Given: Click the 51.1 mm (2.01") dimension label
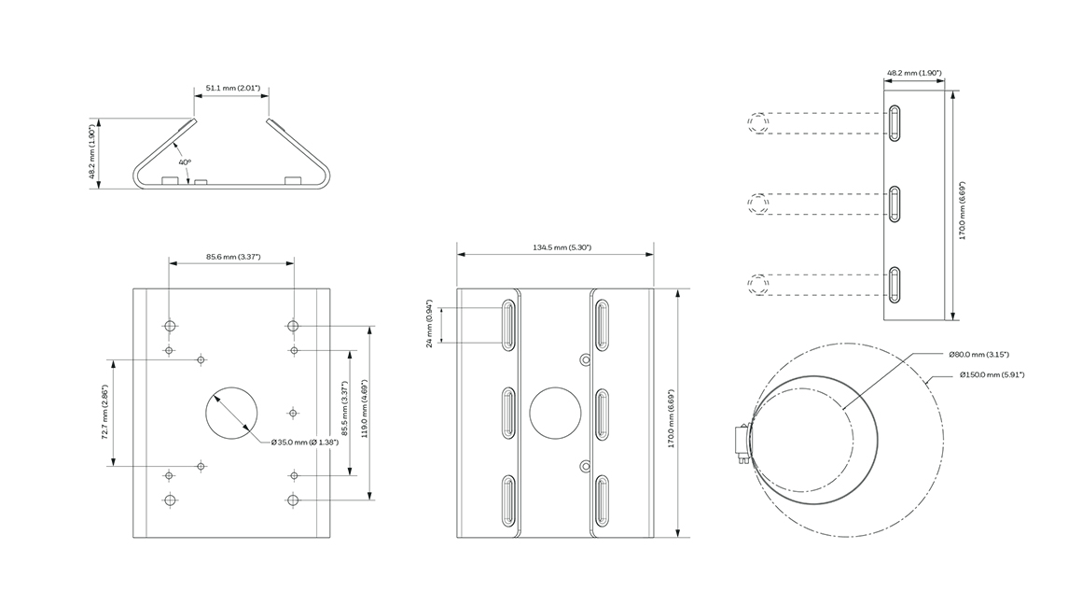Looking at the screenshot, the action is [232, 88].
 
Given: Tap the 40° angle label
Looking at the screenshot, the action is [185, 162].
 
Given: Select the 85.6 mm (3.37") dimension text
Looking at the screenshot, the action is [233, 257].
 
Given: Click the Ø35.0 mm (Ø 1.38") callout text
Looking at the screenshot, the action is [305, 442].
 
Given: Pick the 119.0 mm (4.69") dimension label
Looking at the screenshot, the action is [365, 408].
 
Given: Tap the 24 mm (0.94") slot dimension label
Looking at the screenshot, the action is [429, 323].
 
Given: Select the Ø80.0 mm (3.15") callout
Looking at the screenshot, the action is [979, 354].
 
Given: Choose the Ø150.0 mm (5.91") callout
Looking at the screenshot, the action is [992, 375].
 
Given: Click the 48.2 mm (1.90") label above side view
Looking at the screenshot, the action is [914, 73].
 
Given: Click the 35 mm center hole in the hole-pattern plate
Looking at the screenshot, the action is [232, 413].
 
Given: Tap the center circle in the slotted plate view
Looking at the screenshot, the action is [556, 413].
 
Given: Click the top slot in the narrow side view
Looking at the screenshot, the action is [895, 123].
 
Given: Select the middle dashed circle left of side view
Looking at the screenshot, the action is [758, 204].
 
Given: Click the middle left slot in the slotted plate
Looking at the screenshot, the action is [508, 413].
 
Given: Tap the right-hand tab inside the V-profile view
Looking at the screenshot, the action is [293, 181].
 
